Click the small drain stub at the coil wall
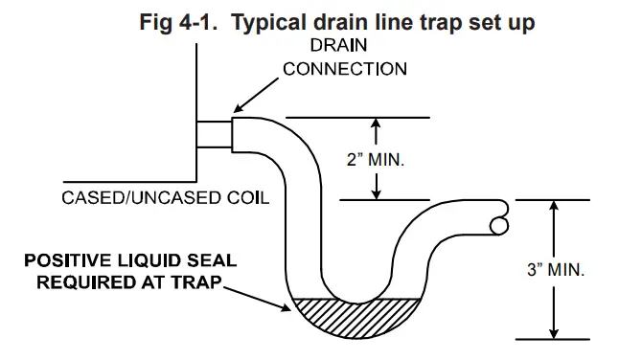(214, 133)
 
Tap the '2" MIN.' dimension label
(377, 159)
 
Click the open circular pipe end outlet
(499, 226)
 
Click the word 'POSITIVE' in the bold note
(66, 261)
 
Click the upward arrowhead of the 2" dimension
(377, 123)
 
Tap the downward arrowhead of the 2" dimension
(377, 194)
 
